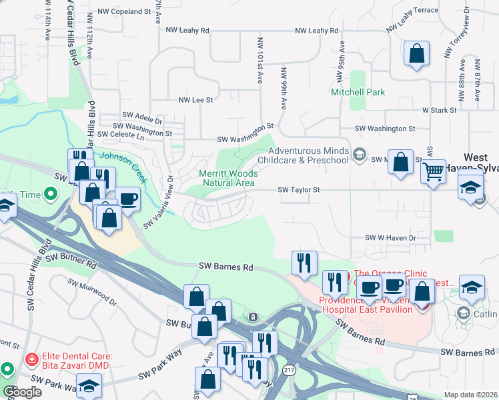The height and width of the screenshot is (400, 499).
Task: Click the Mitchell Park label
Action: pyautogui.click(x=358, y=92)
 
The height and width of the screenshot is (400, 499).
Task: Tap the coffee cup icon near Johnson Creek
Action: pyautogui.click(x=127, y=199)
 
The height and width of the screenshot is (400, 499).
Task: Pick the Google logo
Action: pyautogui.click(x=22, y=392)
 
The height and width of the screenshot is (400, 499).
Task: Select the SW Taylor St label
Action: pyautogui.click(x=299, y=190)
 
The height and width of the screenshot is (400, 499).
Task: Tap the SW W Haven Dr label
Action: pyautogui.click(x=390, y=237)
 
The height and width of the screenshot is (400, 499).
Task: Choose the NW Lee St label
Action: pyautogui.click(x=195, y=100)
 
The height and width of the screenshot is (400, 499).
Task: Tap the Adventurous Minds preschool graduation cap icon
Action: pyautogui.click(x=360, y=155)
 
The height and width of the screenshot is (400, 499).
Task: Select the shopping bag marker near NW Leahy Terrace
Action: pyautogui.click(x=416, y=54)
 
